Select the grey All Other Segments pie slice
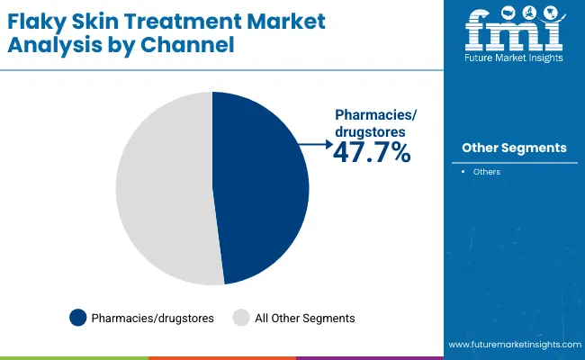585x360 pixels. pyautogui.click(x=162, y=189)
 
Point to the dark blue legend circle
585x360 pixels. pyautogui.click(x=78, y=318)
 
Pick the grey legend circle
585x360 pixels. pyautogui.click(x=240, y=318)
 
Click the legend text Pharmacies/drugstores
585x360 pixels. pyautogui.click(x=152, y=318)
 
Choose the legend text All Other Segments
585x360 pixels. pyautogui.click(x=305, y=318)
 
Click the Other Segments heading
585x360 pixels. pyautogui.click(x=514, y=148)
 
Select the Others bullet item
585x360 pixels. pyautogui.click(x=487, y=172)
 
